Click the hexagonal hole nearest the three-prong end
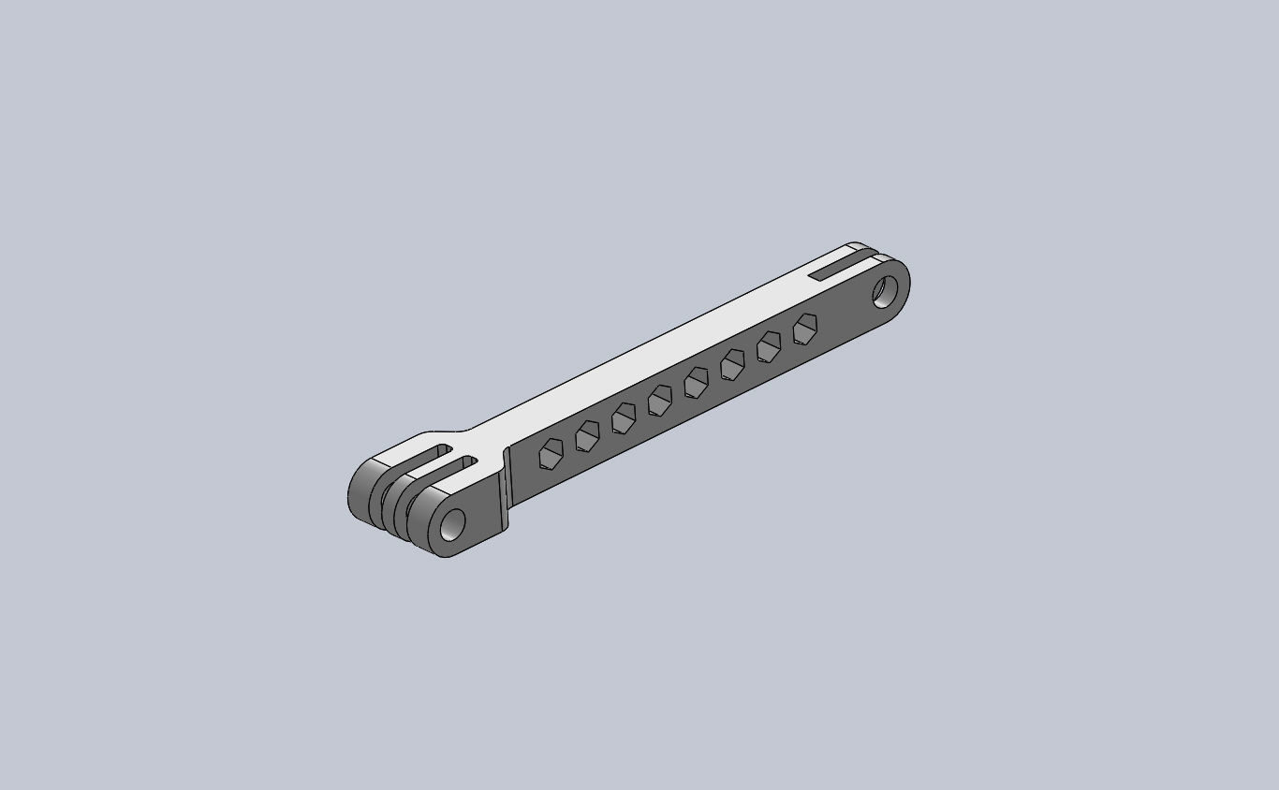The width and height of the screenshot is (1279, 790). [551, 453]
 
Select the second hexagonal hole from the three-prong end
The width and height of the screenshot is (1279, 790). [587, 435]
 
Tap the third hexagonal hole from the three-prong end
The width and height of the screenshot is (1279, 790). [624, 417]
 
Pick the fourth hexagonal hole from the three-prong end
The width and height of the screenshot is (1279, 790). [660, 400]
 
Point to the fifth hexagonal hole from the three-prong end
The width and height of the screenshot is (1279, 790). [697, 382]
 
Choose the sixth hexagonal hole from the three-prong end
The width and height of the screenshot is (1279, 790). [732, 364]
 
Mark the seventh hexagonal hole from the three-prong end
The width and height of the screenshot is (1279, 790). [769, 346]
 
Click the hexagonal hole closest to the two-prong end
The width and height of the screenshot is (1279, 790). [804, 329]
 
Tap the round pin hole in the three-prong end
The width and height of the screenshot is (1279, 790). [452, 524]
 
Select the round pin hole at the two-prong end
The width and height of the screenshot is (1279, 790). [884, 290]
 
